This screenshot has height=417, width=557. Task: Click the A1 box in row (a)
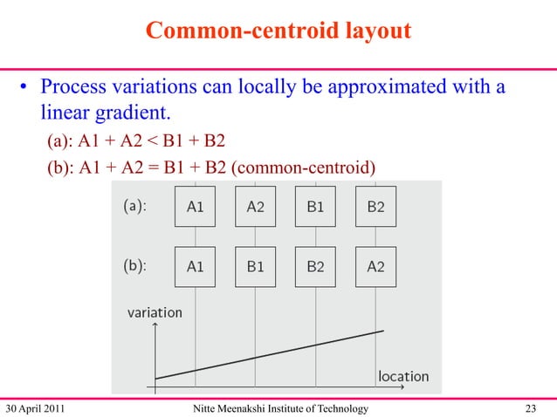click(196, 207)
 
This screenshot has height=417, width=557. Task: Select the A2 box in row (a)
click(255, 207)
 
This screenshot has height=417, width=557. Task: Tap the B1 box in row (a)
click(315, 207)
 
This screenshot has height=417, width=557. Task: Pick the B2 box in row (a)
click(375, 207)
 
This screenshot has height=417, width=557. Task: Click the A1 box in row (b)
click(196, 267)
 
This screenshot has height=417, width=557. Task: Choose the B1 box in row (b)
click(255, 267)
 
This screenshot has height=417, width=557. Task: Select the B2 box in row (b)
click(315, 267)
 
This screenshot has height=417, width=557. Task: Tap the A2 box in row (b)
click(375, 267)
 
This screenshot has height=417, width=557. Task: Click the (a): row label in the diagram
click(133, 207)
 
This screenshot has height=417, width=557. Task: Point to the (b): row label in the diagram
click(133, 267)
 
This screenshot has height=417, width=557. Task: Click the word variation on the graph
click(155, 311)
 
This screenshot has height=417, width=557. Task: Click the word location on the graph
click(402, 376)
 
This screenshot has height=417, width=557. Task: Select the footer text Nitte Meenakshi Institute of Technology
click(278, 407)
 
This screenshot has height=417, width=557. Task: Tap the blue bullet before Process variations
click(27, 89)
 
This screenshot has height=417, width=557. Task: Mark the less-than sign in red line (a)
click(161, 141)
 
